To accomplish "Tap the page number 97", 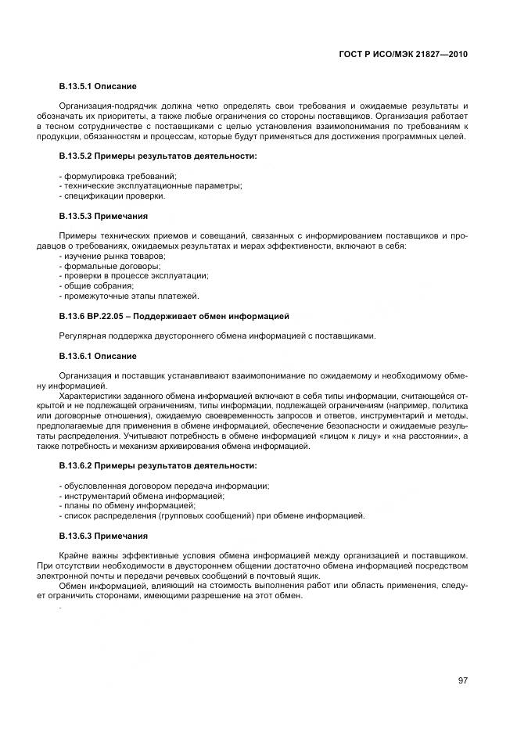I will (462, 680).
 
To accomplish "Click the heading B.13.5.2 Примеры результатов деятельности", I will (158, 156).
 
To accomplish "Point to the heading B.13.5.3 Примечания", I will (103, 215).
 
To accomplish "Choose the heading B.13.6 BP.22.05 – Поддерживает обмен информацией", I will (174, 316).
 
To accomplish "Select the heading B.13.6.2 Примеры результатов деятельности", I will (158, 465).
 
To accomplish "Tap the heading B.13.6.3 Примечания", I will (103, 536).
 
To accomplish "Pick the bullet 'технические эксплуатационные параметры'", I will (151, 185).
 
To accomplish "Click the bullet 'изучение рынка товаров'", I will (113, 256).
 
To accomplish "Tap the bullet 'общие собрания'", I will (96, 286).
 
